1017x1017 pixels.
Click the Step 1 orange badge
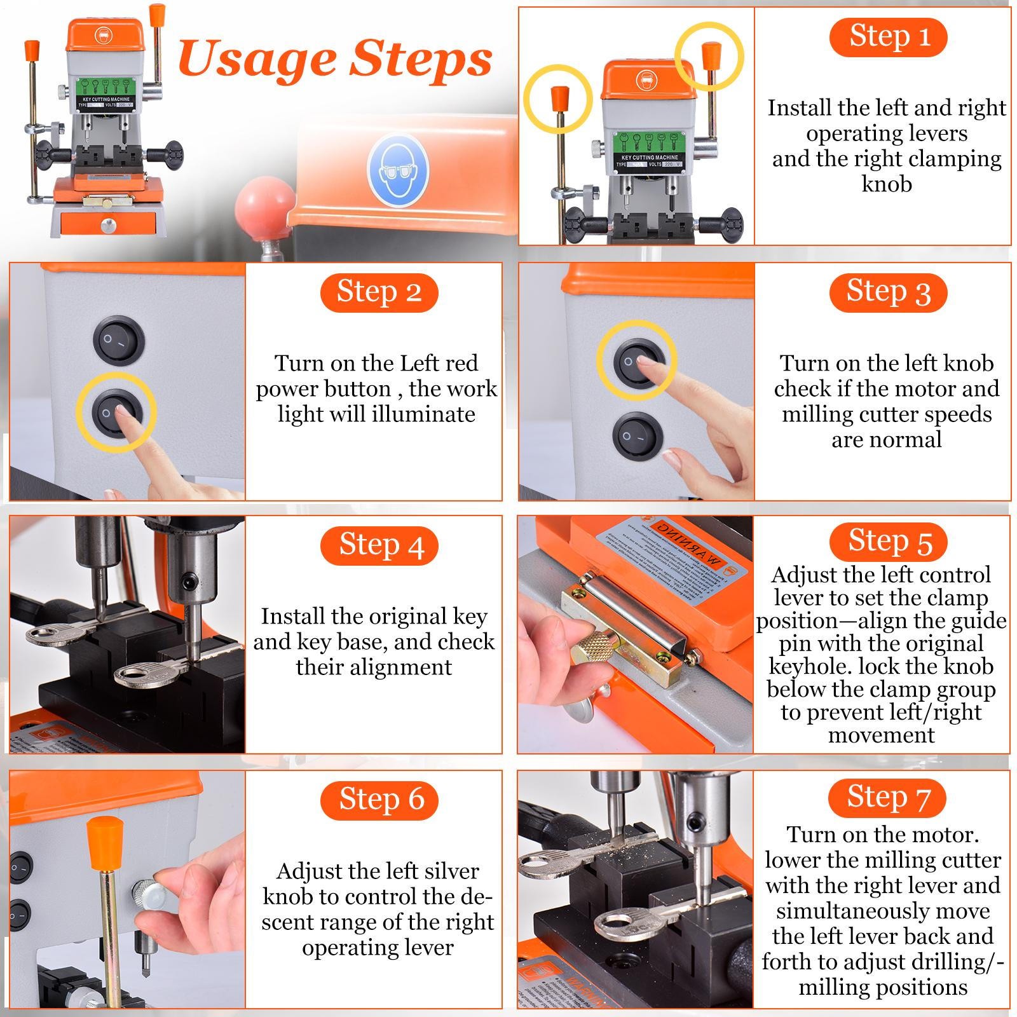(x=888, y=37)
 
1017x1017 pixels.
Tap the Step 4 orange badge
(x=379, y=545)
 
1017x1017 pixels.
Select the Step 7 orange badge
(x=888, y=797)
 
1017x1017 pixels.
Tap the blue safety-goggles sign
(x=398, y=170)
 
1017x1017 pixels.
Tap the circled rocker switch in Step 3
(x=636, y=361)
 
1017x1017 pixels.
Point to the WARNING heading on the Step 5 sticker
(x=690, y=547)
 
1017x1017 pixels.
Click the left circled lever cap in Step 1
(x=558, y=99)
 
